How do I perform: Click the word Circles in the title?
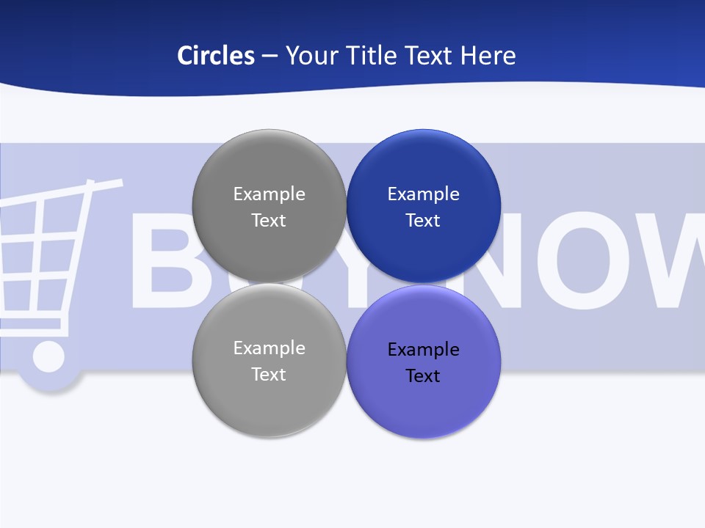point(216,56)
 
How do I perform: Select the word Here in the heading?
point(488,56)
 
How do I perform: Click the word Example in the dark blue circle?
point(424,194)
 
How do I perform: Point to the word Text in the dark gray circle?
point(269,221)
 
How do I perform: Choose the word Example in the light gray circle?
point(269,348)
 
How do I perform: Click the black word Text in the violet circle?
point(424,376)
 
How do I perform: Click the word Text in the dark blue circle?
point(424,221)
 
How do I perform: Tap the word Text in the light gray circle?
point(269,375)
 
